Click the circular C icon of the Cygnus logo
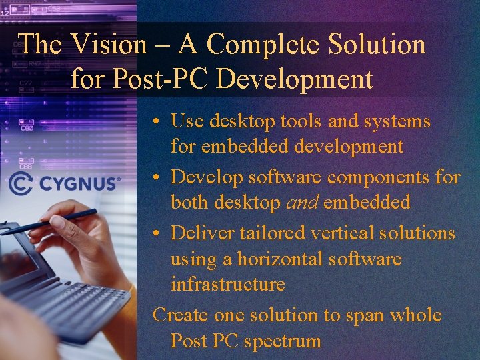pyautogui.click(x=21, y=183)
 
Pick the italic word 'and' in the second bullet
pyautogui.click(x=301, y=203)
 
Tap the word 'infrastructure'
pyautogui.click(x=227, y=284)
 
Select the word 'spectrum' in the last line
pyautogui.click(x=282, y=341)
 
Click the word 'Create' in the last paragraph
pyautogui.click(x=181, y=315)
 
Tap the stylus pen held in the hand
pyautogui.click(x=53, y=221)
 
